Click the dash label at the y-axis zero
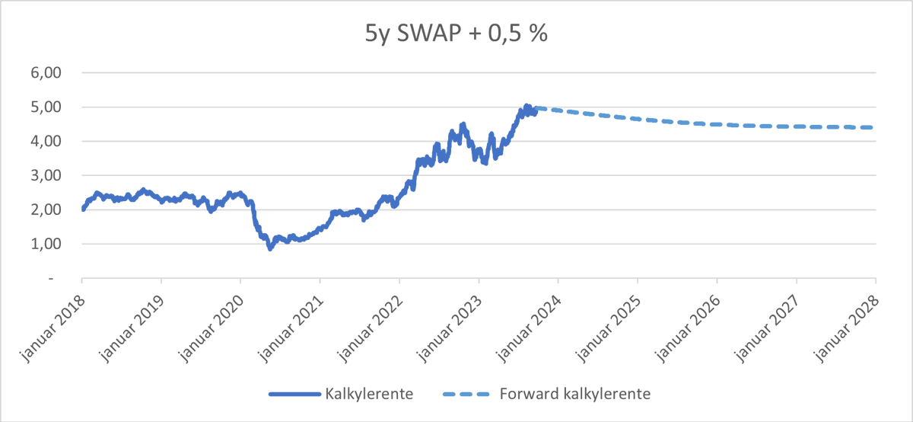pos(51,279)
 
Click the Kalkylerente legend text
pos(369,394)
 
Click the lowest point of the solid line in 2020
pos(269,248)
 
